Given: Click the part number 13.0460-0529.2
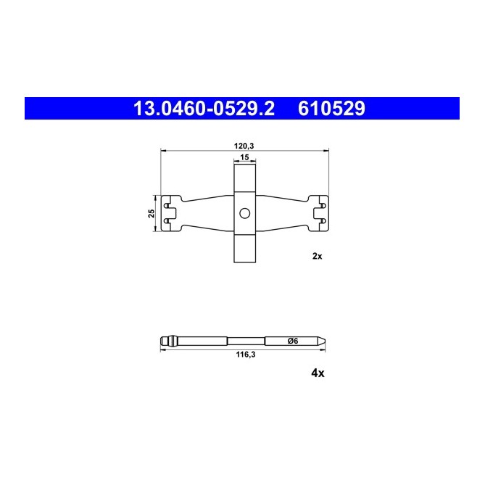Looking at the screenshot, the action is pos(204,109).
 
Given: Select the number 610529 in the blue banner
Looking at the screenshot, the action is pos(331,109).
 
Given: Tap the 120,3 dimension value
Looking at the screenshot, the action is pos(244,146).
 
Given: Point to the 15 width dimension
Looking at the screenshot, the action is pos(244,157).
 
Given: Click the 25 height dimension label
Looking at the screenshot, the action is pos(152,213).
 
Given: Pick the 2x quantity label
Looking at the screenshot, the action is pos(317,256).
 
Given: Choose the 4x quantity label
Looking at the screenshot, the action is pos(318,373).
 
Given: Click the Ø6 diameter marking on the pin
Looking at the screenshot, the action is pos(293,341).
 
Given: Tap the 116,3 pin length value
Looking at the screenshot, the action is pos(246,355).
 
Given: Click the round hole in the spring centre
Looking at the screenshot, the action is pos(244,213).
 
